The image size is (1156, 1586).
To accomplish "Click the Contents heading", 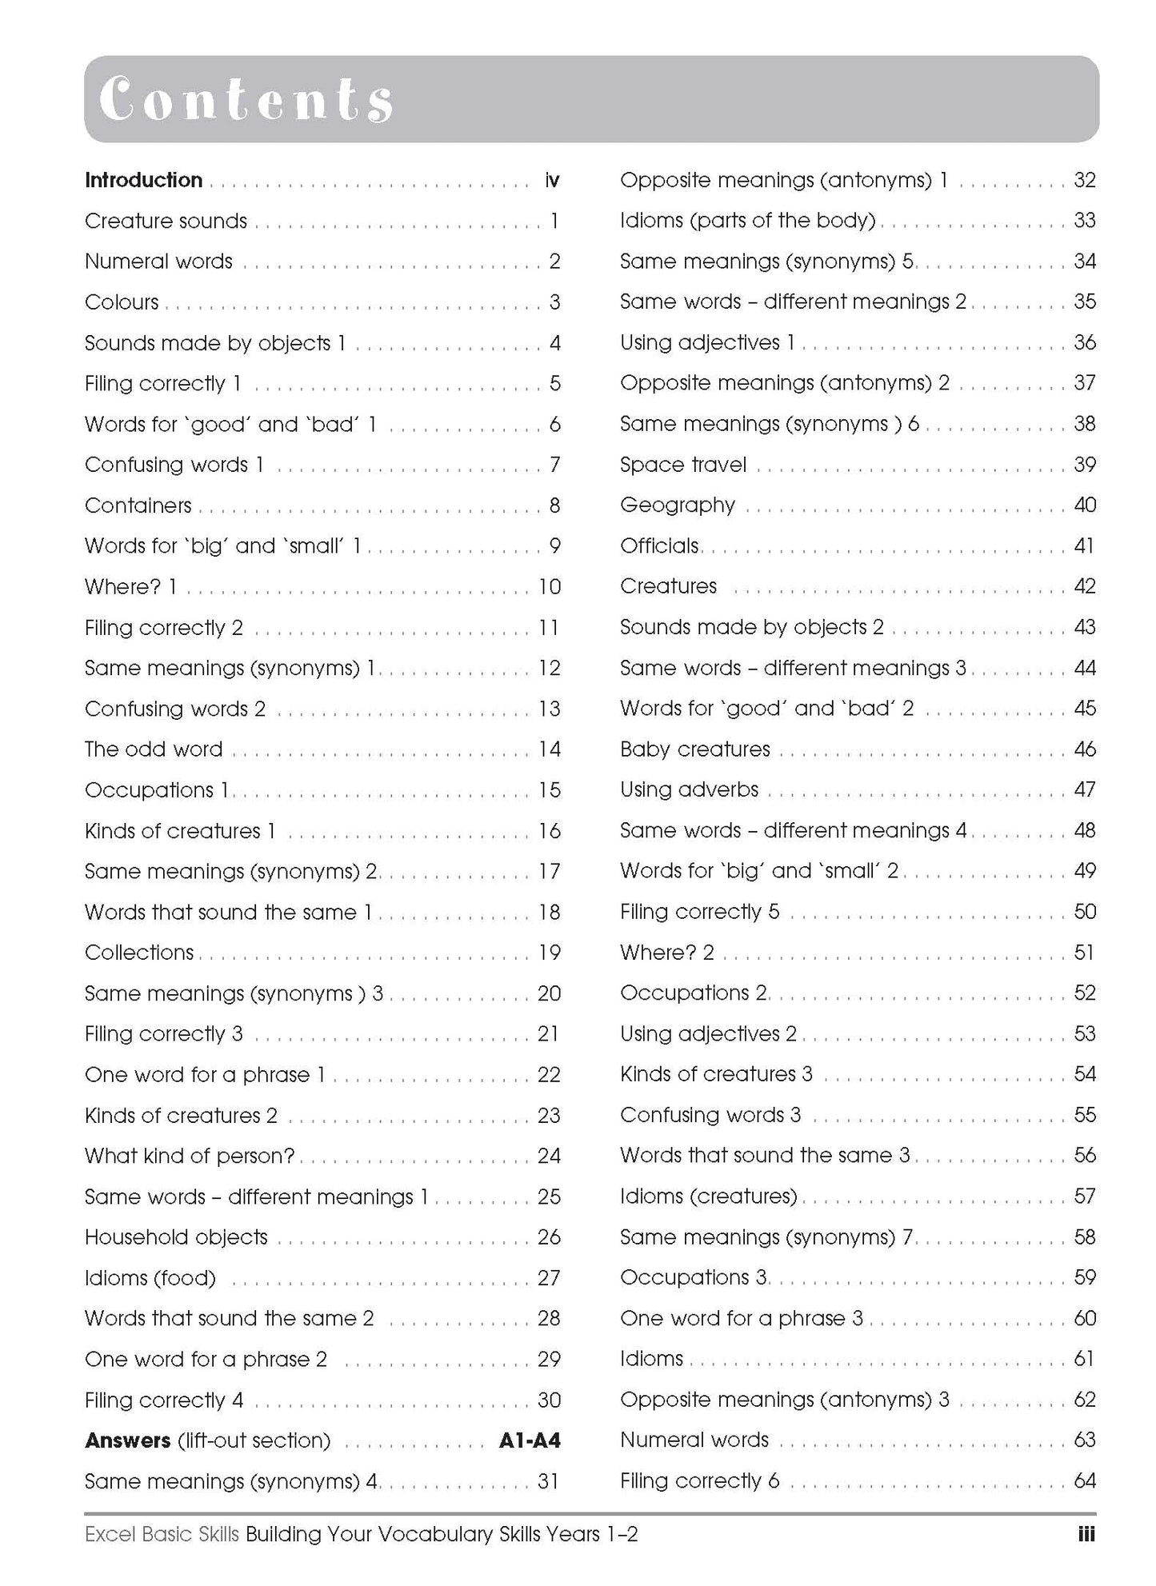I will pos(246,100).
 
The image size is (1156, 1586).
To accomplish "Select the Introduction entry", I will pos(143,180).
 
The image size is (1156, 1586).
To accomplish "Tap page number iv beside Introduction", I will pos(551,181).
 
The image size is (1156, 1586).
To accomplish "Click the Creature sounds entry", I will pos(166,221).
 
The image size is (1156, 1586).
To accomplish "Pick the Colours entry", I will pos(122,302).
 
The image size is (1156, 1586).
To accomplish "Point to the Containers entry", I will pos(138,505).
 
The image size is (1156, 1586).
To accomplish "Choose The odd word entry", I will pos(154,749).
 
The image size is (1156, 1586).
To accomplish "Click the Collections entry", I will pos(139,953).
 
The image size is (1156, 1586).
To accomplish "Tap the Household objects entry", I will pos(176,1237).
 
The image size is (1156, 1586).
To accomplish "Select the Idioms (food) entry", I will pos(150,1278).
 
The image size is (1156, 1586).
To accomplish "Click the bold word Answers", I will pos(127,1440).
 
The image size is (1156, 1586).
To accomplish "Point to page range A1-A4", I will pos(530,1440).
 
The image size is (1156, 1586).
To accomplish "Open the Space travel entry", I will pos(682,465).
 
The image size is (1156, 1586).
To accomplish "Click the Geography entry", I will pos(677,505).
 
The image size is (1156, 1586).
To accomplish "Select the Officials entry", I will pos(659,546).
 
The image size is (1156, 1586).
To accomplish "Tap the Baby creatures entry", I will pos(694,749).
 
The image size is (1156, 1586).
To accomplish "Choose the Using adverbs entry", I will pos(689,789).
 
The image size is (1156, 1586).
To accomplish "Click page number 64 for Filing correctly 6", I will pos(1084,1480).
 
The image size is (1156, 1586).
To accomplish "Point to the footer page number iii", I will pos(1086,1534).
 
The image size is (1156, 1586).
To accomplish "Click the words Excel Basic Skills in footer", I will pos(162,1534).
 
